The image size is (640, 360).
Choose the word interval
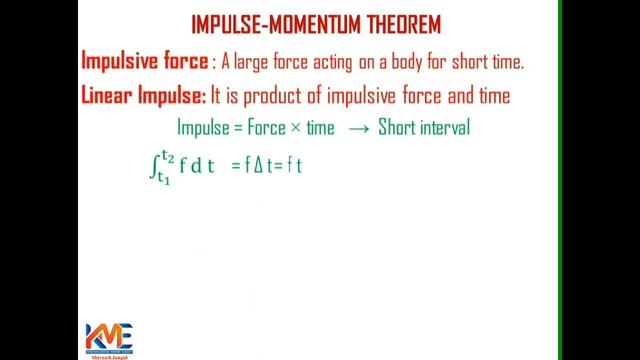click(x=437, y=128)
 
